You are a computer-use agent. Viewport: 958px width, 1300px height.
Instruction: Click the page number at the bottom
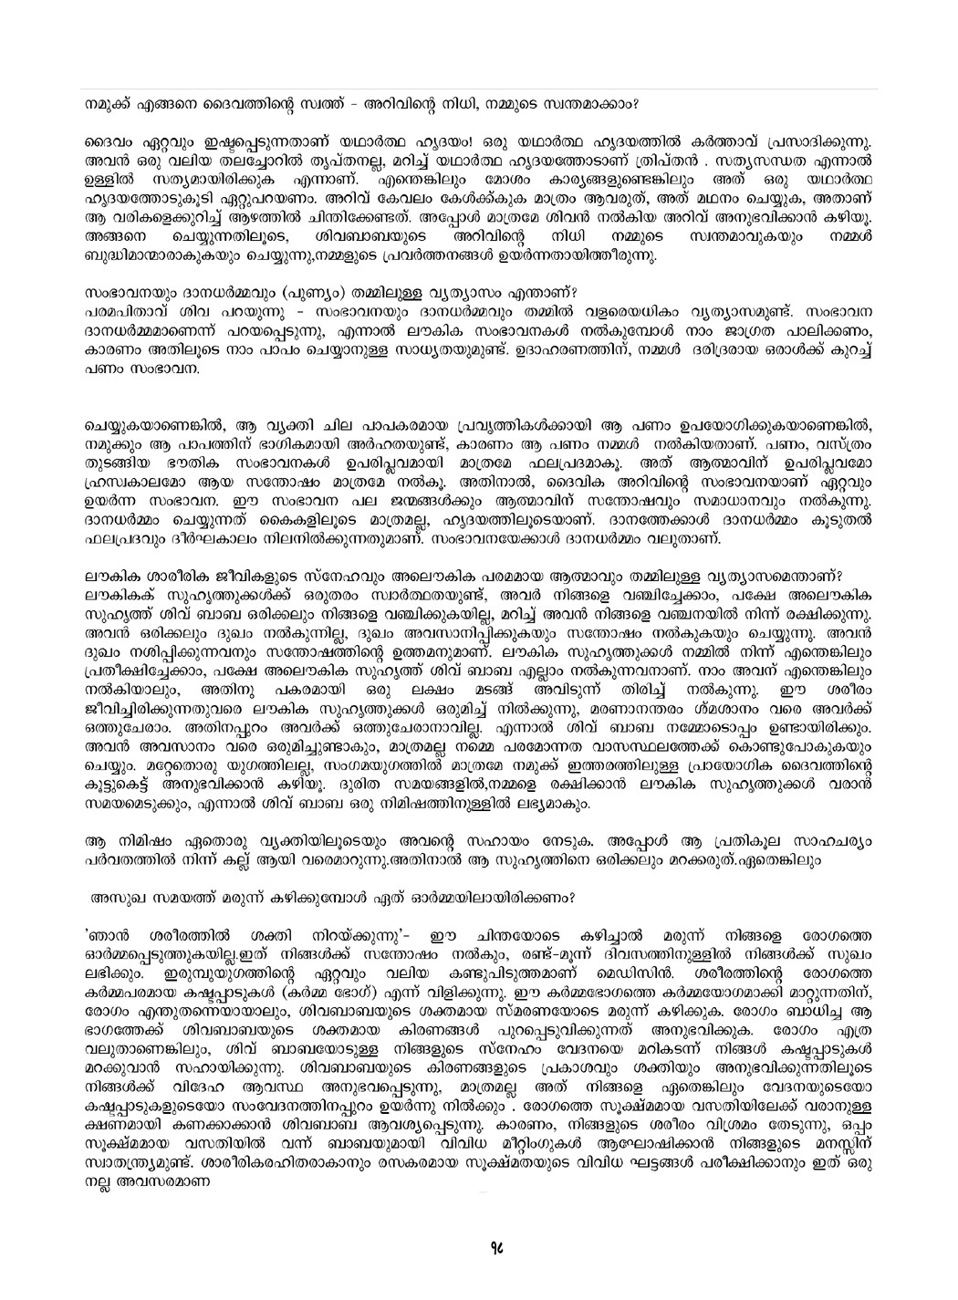pyautogui.click(x=478, y=1268)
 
